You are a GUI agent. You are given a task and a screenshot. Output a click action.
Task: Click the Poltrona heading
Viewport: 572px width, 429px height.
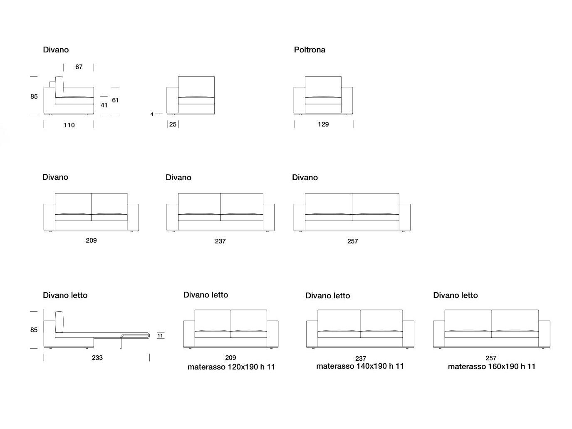point(310,50)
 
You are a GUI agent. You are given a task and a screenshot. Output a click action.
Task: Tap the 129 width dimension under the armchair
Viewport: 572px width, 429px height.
point(323,124)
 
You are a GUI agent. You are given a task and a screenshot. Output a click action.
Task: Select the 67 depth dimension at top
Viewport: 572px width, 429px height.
point(79,67)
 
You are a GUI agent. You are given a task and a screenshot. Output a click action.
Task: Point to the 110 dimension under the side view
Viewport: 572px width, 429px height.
point(69,125)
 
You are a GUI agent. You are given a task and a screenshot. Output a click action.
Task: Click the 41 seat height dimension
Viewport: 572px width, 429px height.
point(104,105)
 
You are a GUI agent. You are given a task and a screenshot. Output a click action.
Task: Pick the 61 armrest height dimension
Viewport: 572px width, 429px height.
point(115,100)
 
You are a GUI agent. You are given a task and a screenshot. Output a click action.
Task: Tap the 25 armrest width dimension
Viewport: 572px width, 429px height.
point(173,124)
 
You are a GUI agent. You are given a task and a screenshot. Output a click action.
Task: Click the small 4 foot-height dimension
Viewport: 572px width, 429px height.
point(152,114)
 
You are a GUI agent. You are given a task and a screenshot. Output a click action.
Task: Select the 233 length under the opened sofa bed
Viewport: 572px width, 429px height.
point(97,358)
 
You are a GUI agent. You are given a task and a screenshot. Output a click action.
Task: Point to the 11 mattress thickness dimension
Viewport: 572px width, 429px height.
point(160,335)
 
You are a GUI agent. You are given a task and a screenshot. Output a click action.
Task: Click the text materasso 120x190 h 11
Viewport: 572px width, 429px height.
point(231,367)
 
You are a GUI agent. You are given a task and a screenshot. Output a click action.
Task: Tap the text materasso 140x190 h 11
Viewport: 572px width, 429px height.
point(360,366)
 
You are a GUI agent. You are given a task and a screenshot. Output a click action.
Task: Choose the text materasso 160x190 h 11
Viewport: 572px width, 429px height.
point(491,367)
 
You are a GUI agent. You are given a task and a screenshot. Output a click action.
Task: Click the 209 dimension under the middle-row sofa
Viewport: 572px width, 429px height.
point(91,241)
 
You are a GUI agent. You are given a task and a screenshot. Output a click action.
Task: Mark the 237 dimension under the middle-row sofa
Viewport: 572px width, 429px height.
point(220,241)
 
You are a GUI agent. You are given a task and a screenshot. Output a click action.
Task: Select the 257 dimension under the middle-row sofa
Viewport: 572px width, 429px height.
point(352,241)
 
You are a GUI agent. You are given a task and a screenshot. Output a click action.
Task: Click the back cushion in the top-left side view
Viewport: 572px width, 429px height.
point(59,87)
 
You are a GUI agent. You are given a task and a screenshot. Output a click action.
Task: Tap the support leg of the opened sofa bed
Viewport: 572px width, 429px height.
point(121,343)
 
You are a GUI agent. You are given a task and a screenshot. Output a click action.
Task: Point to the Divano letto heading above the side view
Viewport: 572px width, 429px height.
point(65,295)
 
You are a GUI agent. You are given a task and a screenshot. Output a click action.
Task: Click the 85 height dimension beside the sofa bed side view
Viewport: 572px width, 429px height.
point(34,330)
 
